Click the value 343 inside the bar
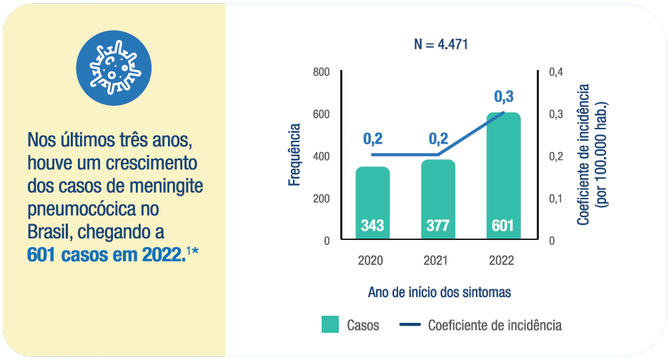(x=372, y=226)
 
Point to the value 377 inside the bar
(x=437, y=226)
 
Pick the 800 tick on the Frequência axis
(x=320, y=72)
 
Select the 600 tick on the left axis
(x=320, y=114)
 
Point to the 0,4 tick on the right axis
(x=556, y=72)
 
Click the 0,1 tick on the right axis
(x=556, y=199)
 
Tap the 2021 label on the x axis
(x=437, y=261)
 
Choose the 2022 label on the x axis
(x=502, y=261)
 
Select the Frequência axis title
(x=294, y=155)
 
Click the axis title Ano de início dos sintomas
(x=440, y=293)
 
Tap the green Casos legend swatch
(x=329, y=325)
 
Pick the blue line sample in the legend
(x=409, y=325)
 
